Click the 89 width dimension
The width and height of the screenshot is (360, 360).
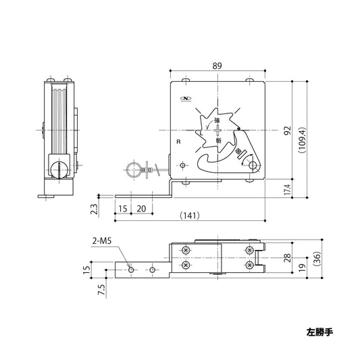click(218, 66)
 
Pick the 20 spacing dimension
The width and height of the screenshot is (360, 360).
click(141, 208)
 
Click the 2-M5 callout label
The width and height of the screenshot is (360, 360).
click(103, 240)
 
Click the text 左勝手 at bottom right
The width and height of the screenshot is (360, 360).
click(318, 332)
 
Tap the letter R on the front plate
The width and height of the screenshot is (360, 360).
click(178, 143)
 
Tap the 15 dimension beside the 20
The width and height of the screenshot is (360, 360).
click(122, 208)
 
